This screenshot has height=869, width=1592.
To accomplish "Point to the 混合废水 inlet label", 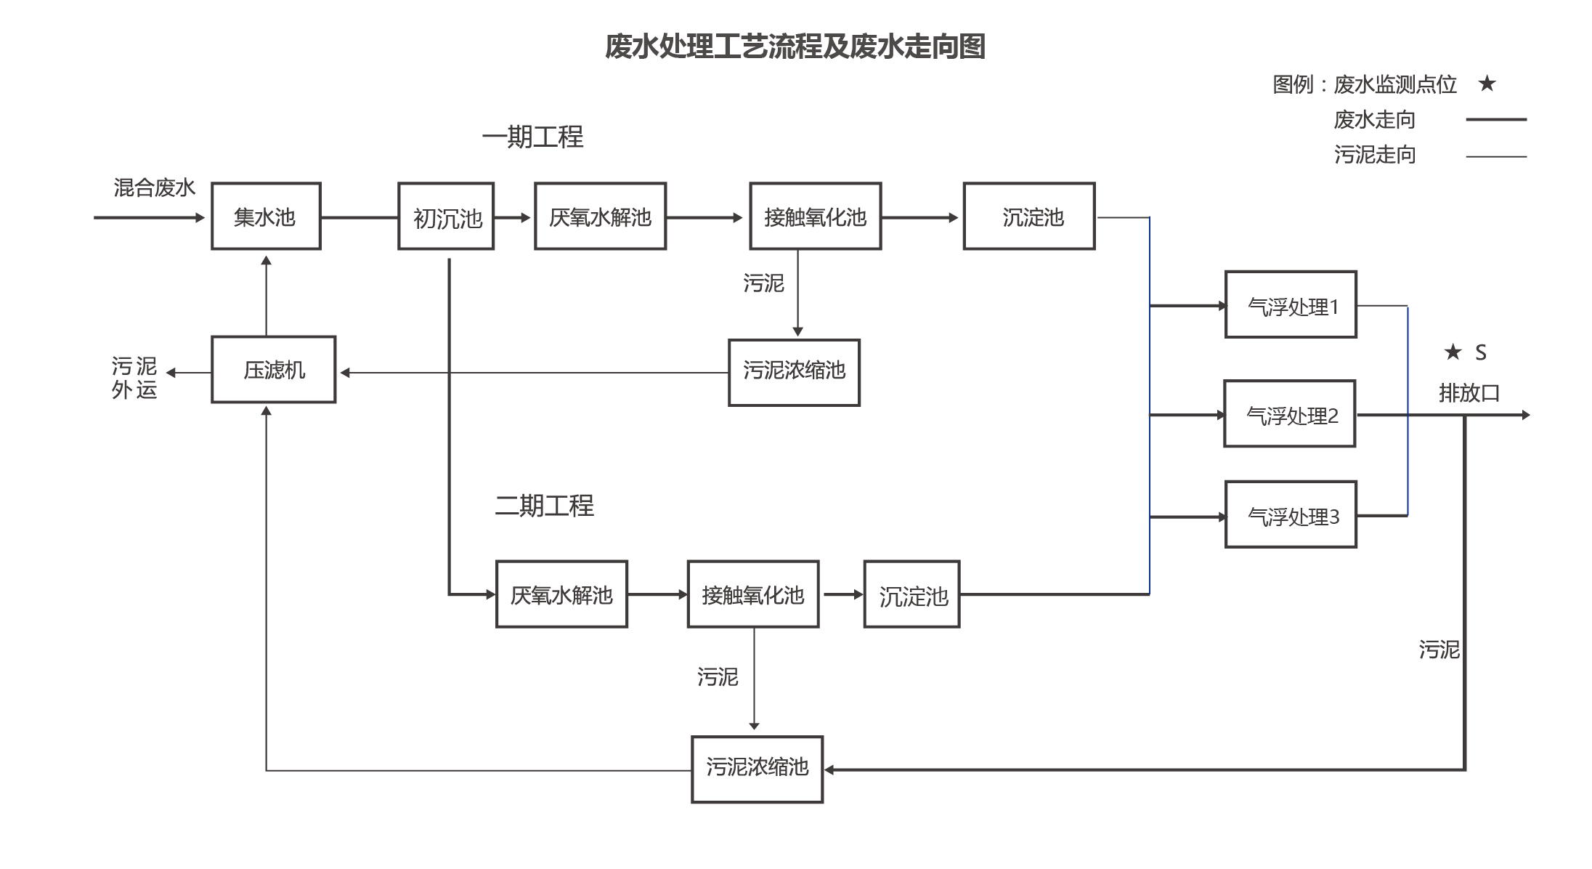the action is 155,187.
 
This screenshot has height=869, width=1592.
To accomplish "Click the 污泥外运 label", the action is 134,378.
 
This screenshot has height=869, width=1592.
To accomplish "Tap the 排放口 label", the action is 1469,393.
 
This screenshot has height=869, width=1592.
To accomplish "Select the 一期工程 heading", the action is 532,137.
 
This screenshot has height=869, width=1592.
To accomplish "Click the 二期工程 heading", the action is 544,506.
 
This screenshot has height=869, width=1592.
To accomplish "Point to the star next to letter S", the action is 1453,352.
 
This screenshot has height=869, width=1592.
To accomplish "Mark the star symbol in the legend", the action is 1487,84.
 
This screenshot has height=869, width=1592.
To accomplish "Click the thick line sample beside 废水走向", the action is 1496,119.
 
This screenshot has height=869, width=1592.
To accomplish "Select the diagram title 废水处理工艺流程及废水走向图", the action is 795,47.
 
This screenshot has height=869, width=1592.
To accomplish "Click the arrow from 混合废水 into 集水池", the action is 150,217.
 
